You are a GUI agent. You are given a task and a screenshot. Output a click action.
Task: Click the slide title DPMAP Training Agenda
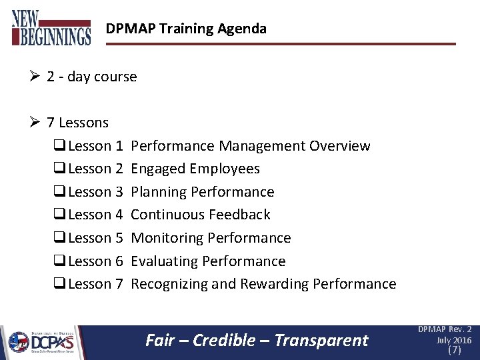click(x=186, y=29)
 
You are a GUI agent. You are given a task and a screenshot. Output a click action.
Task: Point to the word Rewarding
click(x=274, y=284)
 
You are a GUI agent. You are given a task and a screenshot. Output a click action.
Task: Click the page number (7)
click(x=454, y=350)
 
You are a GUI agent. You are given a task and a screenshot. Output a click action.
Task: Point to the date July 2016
click(x=454, y=340)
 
